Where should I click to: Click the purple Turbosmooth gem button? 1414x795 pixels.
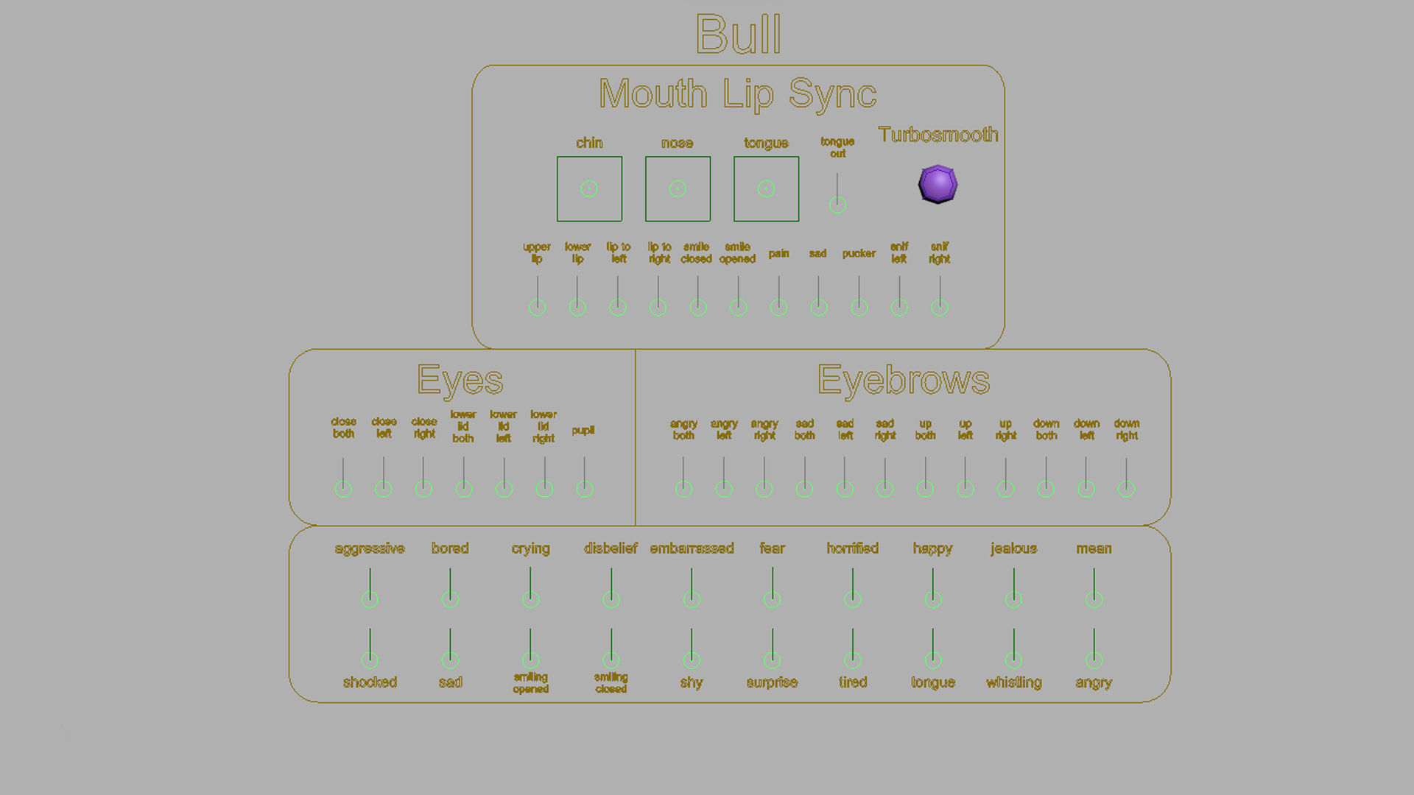pyautogui.click(x=938, y=184)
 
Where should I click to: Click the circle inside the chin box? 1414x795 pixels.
pyautogui.click(x=588, y=188)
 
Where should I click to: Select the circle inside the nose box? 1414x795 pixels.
pyautogui.click(x=678, y=188)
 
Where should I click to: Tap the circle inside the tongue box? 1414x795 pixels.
pyautogui.click(x=766, y=188)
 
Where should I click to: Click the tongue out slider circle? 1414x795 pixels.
pyautogui.click(x=837, y=205)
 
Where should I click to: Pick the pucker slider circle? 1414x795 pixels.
pyautogui.click(x=859, y=307)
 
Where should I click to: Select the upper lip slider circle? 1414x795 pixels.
pyautogui.click(x=538, y=307)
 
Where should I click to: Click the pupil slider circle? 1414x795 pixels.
pyautogui.click(x=585, y=488)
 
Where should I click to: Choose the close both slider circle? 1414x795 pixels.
pyautogui.click(x=343, y=488)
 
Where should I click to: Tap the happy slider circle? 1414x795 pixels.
pyautogui.click(x=933, y=599)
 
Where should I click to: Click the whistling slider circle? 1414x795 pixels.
pyautogui.click(x=1013, y=660)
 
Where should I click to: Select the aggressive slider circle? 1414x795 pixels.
pyautogui.click(x=370, y=599)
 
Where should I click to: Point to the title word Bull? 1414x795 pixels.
pyautogui.click(x=738, y=35)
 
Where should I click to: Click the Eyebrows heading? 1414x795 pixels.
pyautogui.click(x=903, y=380)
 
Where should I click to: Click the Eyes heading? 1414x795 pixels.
pyautogui.click(x=460, y=380)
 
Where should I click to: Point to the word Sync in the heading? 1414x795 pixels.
pyautogui.click(x=832, y=94)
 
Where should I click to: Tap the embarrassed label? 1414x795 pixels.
pyautogui.click(x=692, y=548)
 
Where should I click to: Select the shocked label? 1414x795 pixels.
pyautogui.click(x=370, y=682)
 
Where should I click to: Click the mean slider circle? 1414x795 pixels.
pyautogui.click(x=1094, y=599)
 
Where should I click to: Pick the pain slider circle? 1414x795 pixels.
pyautogui.click(x=778, y=307)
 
